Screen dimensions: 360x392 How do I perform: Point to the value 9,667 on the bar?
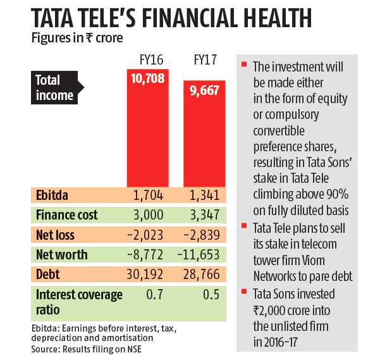(203, 90)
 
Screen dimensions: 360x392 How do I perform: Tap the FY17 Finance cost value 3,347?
(204, 215)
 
